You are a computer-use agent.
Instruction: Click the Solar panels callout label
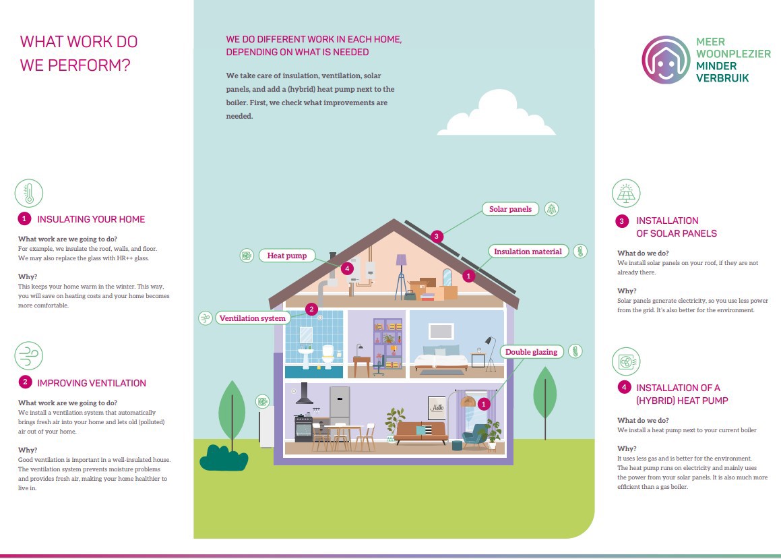511,209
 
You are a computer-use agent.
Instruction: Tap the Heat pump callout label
286,256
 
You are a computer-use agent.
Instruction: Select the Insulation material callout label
528,252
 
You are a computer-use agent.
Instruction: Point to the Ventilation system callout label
253,318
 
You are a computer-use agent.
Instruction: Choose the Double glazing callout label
532,351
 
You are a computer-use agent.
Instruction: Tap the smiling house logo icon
666,60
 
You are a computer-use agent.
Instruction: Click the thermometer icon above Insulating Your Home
29,193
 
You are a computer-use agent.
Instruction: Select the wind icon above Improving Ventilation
29,356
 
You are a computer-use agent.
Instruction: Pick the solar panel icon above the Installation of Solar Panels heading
626,194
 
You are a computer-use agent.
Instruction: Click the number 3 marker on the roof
437,236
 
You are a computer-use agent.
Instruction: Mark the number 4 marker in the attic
347,268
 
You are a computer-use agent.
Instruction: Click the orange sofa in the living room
421,432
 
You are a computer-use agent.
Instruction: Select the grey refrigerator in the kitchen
340,405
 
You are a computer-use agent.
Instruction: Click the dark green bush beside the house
224,457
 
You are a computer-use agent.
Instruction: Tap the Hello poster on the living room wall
437,408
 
